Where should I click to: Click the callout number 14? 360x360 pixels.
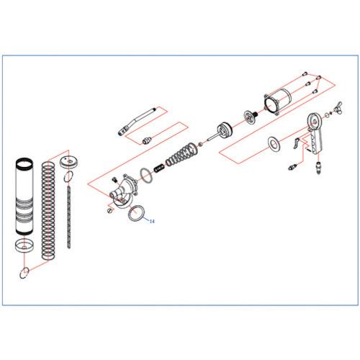(x=152, y=221)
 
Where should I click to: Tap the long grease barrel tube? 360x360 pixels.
(x=24, y=196)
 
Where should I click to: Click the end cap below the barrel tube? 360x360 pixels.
(x=24, y=246)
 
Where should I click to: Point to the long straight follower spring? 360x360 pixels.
(x=48, y=211)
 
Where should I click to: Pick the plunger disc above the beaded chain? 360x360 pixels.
(x=69, y=163)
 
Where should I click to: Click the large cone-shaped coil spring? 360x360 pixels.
(x=182, y=154)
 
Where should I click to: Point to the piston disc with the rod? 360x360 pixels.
(x=222, y=131)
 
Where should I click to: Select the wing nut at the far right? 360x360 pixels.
(x=338, y=109)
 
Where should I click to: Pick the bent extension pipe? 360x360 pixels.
(x=137, y=122)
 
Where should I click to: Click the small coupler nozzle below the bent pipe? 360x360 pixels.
(x=147, y=140)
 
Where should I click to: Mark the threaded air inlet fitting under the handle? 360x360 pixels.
(x=318, y=167)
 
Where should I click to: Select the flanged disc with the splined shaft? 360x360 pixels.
(x=251, y=117)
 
